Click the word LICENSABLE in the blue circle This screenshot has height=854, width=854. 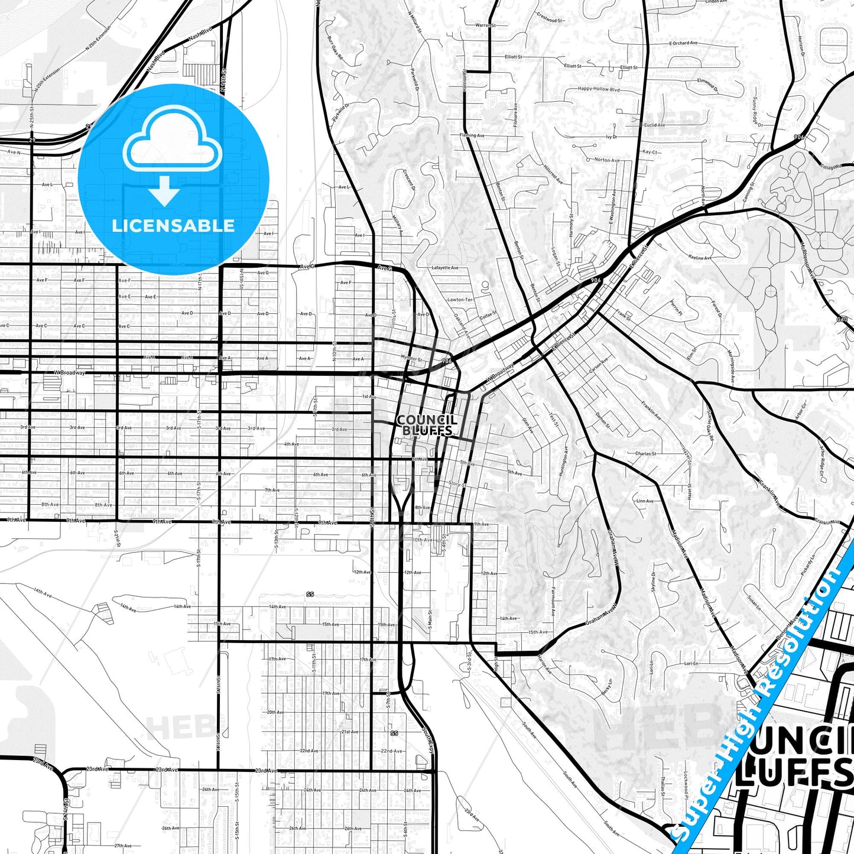pos(173,226)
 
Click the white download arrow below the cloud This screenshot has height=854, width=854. pos(165,191)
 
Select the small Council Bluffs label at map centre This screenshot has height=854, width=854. pos(426,425)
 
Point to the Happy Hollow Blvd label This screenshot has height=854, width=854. pos(599,89)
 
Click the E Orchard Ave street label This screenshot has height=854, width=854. pos(683,43)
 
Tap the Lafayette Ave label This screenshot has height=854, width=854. pos(445,268)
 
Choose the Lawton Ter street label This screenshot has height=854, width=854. pos(460,300)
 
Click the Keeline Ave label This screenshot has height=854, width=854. pos(700,258)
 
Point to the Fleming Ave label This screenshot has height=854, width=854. pos(472,135)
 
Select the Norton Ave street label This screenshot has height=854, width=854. pos(607,160)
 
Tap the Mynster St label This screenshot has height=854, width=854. pos(411,359)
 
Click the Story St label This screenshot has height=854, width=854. pos(457,484)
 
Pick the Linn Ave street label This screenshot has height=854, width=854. pos(645,501)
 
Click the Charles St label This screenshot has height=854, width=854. pos(645,454)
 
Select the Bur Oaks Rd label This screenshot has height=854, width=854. pos(335,47)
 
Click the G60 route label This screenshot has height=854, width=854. pos(842,319)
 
